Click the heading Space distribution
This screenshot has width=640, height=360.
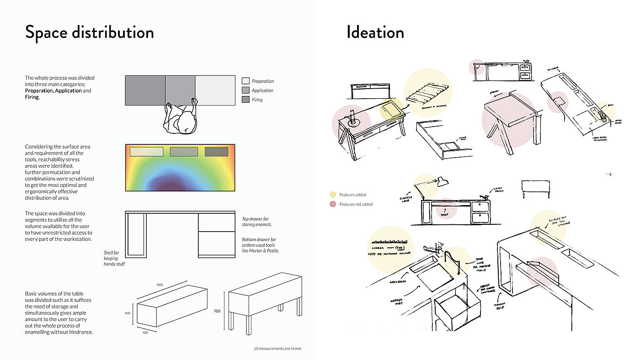point(89,33)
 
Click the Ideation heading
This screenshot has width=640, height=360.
point(375,32)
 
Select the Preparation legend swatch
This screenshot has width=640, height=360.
point(245,81)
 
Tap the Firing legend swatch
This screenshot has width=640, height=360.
point(245,99)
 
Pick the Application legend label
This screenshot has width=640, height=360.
point(262,90)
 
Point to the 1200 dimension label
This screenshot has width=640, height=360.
point(160,285)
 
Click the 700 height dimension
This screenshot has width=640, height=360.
point(217,311)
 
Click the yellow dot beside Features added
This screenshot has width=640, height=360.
point(333,195)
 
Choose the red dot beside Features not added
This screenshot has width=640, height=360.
point(333,204)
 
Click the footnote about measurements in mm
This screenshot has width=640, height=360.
point(277,349)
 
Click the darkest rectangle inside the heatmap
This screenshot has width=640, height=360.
point(216,152)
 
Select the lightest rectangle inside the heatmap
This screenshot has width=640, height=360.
point(144,152)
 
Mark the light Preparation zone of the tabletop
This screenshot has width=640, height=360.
point(215,90)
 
